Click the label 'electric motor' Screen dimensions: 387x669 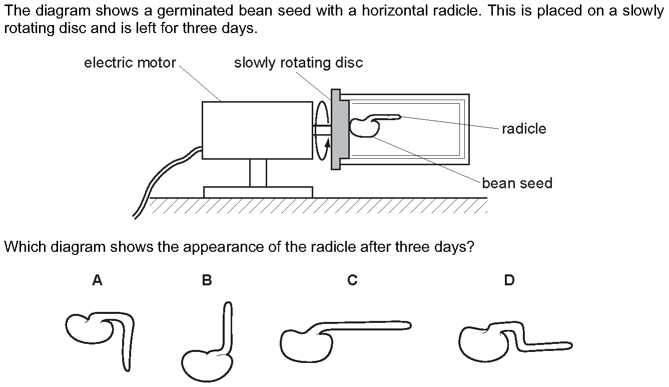point(130,63)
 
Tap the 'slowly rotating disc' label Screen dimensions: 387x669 point(298,63)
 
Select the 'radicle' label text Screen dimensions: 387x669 point(524,129)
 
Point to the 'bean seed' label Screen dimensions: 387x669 point(517,183)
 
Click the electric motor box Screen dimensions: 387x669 point(257,130)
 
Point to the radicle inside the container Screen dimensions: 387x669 point(388,117)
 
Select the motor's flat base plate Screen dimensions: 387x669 point(258,192)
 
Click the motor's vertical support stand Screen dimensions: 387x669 point(258,173)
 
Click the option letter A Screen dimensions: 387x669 point(97,281)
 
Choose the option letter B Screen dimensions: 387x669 point(207,281)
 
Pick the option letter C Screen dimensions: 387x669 point(352,281)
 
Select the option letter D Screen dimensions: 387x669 point(509,281)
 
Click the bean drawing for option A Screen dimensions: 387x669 point(85,329)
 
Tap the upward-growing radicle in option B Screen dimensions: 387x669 point(228,325)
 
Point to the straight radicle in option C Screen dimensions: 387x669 point(370,325)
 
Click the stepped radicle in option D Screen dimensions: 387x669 point(540,344)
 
